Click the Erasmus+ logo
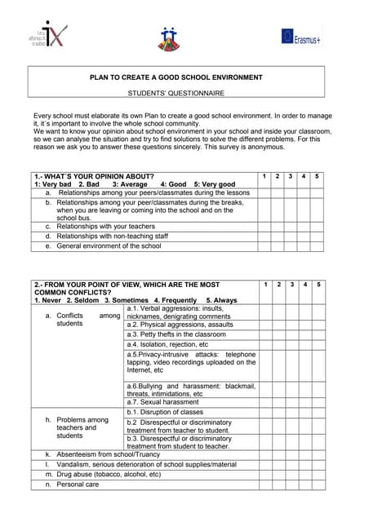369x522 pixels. pos(300,36)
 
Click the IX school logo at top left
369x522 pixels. pos(45,36)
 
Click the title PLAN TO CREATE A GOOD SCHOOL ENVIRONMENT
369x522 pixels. pos(176,77)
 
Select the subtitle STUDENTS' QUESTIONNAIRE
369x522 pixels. pos(176,94)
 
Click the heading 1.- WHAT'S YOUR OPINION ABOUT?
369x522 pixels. pos(94,176)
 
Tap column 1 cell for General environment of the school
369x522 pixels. pos(265,246)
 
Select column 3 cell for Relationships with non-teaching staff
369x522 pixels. pos(291,236)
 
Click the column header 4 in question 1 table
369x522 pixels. pos(304,176)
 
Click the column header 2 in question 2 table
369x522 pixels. pos(278,284)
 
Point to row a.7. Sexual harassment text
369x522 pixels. pos(163,402)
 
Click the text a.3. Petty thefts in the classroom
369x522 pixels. pos(176,334)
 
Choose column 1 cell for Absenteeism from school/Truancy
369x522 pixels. pos(265,454)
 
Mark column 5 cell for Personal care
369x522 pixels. pos(317,484)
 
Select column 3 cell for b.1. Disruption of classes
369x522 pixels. pos(291,412)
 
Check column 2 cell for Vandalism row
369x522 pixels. pos(278,464)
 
